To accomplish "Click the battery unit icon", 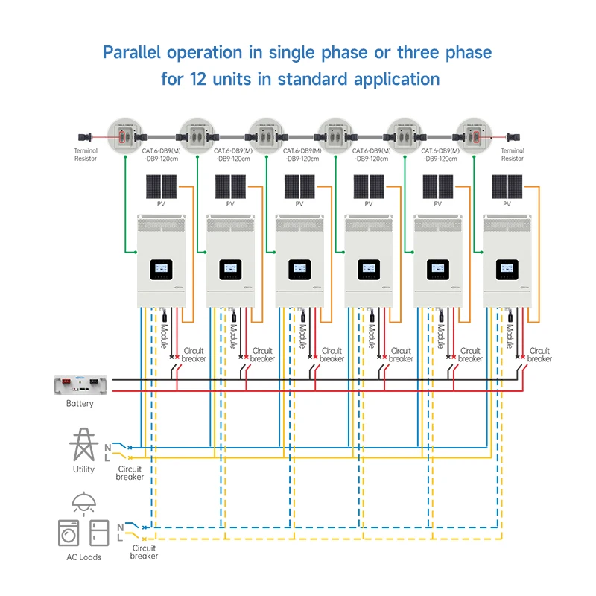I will click(x=80, y=385).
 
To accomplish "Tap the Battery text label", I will click(x=80, y=404).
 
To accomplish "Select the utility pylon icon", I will click(x=83, y=445).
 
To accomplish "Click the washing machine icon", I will click(x=69, y=532).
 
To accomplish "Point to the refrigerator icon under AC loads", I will click(x=99, y=532).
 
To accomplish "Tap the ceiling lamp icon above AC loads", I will click(x=83, y=501).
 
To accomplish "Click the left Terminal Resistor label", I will click(x=86, y=154).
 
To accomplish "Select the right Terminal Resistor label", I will click(x=512, y=154).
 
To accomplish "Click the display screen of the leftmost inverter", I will click(x=161, y=268).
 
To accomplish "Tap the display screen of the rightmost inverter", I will click(x=508, y=268).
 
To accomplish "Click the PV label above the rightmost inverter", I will click(x=507, y=203).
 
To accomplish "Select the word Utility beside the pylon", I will click(x=83, y=469).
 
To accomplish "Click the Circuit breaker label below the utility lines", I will click(x=130, y=473).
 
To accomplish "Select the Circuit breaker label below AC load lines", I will click(x=144, y=551).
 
